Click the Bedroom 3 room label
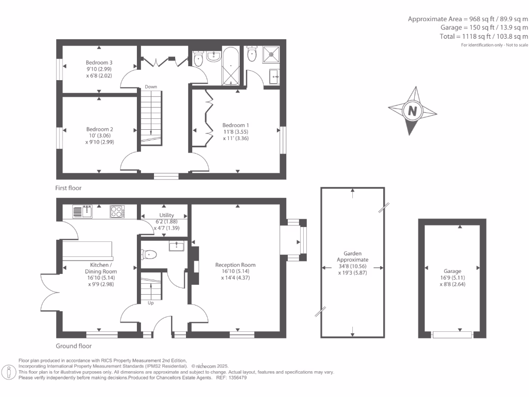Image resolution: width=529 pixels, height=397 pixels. click(99, 63)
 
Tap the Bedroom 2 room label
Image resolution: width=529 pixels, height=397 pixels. click(100, 129)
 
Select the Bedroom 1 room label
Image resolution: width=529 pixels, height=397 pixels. click(236, 125)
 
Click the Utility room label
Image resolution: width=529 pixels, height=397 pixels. click(166, 215)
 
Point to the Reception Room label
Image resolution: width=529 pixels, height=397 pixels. click(235, 265)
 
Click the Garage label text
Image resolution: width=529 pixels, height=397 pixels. click(452, 271)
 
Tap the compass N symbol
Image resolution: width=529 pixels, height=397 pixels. click(412, 111)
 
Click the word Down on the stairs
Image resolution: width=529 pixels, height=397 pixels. click(151, 87)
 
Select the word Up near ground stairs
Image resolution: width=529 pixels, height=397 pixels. click(151, 303)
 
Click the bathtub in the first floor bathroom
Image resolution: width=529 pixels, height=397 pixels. click(230, 67)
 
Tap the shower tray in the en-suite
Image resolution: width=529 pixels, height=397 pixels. click(272, 53)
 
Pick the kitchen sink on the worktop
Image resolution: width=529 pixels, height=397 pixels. click(82, 211)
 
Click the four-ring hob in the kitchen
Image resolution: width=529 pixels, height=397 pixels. click(117, 211)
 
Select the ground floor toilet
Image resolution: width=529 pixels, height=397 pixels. click(149, 254)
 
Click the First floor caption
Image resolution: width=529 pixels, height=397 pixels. click(68, 188)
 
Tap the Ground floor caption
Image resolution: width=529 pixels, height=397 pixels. click(73, 346)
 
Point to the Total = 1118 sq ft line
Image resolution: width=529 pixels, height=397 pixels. click(476, 37)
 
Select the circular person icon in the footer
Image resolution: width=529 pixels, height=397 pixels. click(9, 371)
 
